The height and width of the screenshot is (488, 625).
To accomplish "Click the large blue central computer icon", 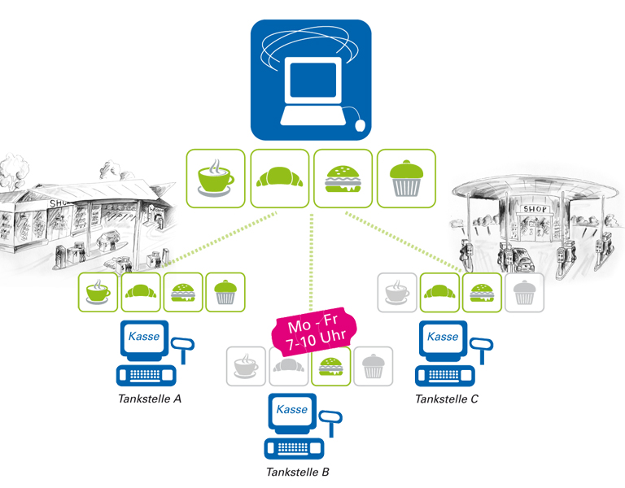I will pyautogui.click(x=310, y=79).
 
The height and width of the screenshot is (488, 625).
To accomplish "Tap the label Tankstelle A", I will pyautogui.click(x=148, y=399).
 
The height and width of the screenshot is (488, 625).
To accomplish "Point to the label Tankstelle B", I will pyautogui.click(x=297, y=472).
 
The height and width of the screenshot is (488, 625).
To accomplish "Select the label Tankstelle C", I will pyautogui.click(x=446, y=399).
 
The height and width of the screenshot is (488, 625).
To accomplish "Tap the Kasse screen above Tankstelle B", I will pyautogui.click(x=292, y=410).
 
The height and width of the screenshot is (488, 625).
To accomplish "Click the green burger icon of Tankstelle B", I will pyautogui.click(x=330, y=366).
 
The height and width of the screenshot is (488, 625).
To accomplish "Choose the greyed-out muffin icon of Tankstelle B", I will pyautogui.click(x=373, y=366).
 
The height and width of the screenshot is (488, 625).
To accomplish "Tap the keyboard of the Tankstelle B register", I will pyautogui.click(x=294, y=448).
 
